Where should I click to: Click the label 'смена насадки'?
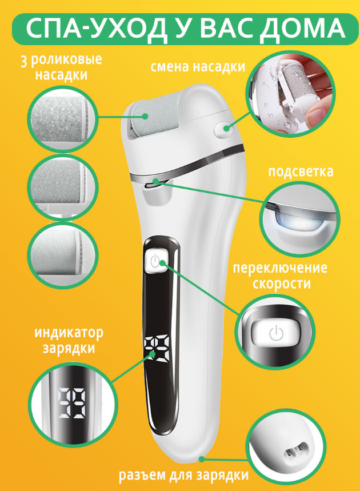(198, 67)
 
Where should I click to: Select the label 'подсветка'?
(301, 171)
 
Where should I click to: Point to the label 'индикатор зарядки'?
(69, 340)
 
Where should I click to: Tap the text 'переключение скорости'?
(280, 276)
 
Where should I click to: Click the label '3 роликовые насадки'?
(61, 67)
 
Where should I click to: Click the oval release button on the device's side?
(224, 129)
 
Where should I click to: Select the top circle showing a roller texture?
(63, 119)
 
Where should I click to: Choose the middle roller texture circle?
(63, 187)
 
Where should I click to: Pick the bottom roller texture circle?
(63, 254)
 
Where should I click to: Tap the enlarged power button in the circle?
(275, 333)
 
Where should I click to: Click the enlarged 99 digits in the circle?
(71, 404)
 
